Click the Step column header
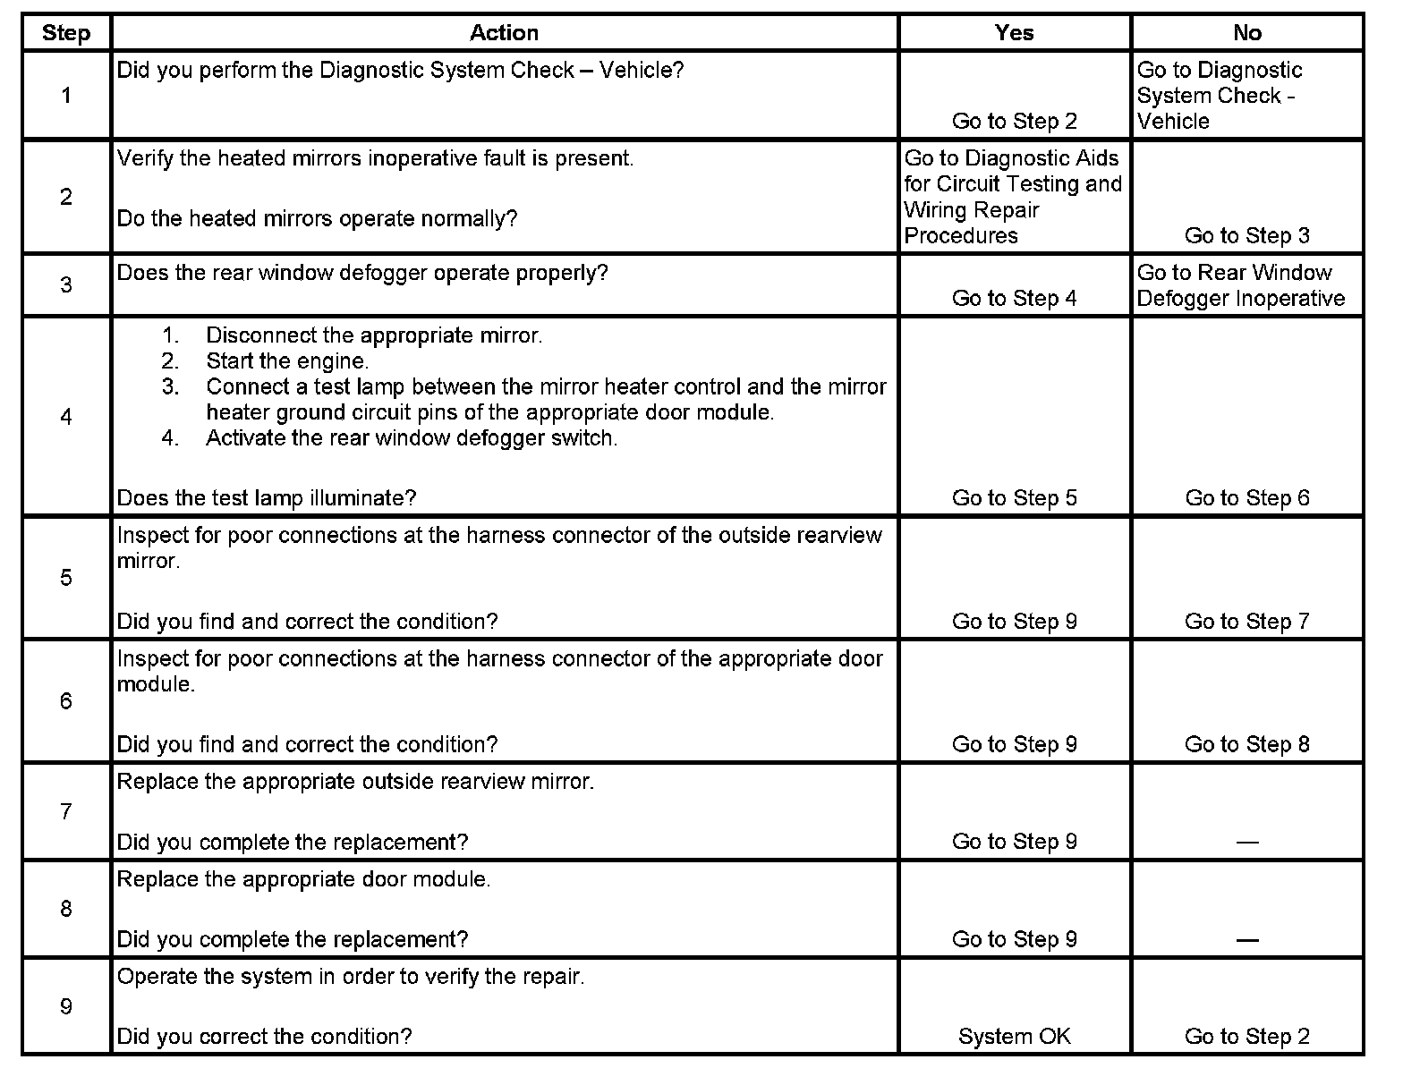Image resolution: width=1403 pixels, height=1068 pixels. point(66,33)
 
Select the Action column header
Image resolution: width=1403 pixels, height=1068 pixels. point(504,33)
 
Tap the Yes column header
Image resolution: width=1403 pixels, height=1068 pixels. point(1014,33)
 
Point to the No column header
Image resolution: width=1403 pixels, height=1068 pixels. point(1246,33)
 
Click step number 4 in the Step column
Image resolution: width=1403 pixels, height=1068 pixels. point(66,417)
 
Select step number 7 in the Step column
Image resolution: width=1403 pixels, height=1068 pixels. point(66,811)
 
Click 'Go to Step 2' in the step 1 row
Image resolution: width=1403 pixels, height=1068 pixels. point(1014,121)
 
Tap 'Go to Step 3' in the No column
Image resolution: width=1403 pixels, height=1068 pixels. point(1246,235)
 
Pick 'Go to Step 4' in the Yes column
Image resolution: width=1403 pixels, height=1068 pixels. point(1014,298)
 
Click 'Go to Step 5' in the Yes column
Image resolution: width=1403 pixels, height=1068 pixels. point(1014,497)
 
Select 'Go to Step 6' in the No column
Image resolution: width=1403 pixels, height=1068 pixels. point(1246,497)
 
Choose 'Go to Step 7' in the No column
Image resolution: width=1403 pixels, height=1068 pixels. point(1246,621)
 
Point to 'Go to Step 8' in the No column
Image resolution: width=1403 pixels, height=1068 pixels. point(1246,744)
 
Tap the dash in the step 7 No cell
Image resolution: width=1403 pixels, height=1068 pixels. point(1246,842)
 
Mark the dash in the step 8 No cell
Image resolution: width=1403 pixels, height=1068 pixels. point(1246,939)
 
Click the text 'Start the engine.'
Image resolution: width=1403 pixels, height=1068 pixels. point(287,361)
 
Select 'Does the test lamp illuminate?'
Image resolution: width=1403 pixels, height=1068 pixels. point(267,497)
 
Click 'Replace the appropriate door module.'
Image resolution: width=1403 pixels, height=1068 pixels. point(303,879)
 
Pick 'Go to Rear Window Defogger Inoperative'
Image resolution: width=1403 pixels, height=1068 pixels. point(1240,285)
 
